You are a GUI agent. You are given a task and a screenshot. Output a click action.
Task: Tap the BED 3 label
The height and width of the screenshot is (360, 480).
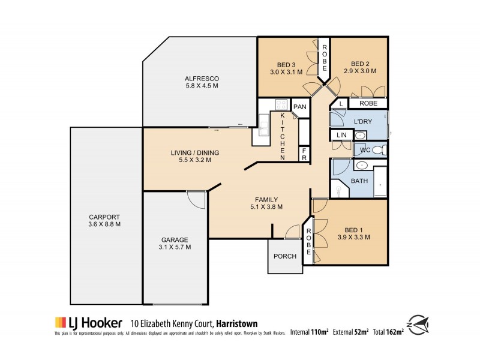[x=287, y=64]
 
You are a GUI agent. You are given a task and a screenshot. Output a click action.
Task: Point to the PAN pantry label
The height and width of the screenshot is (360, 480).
[x=300, y=107]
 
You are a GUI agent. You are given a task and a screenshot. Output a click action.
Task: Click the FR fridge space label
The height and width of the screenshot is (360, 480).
[x=304, y=154]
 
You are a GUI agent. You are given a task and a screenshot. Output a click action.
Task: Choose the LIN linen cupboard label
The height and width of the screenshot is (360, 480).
[x=341, y=135]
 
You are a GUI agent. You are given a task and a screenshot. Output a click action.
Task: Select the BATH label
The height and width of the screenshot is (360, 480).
[x=359, y=181]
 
